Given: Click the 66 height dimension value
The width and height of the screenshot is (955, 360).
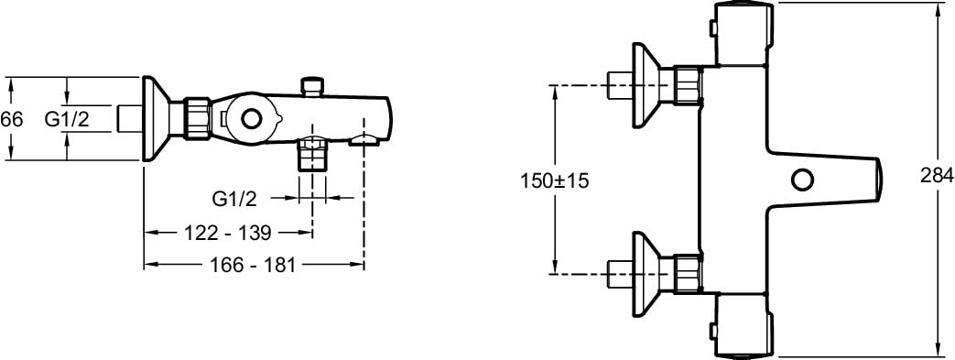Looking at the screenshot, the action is coord(11,119).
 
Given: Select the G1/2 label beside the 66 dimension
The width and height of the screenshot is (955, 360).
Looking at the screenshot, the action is coord(67,119).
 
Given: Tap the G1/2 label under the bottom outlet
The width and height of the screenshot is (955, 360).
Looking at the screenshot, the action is coord(233,198).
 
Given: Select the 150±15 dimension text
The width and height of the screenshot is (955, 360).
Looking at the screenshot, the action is coord(555,180).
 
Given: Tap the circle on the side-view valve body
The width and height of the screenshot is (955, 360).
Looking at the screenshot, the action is coord(250,118).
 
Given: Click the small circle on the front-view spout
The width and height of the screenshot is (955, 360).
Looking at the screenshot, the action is coord(801,180).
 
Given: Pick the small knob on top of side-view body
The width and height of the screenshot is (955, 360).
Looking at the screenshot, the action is coord(313,86).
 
